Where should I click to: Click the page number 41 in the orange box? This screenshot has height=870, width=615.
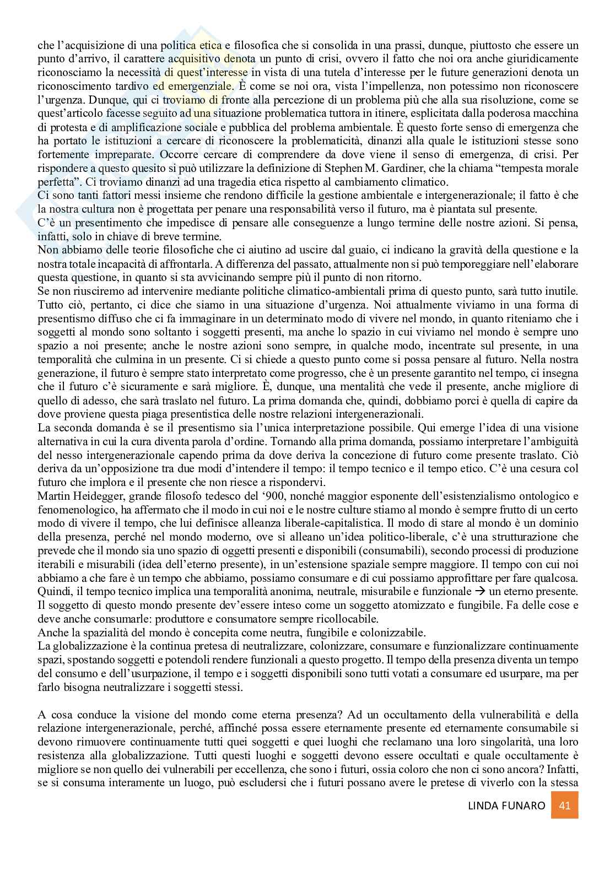564,805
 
